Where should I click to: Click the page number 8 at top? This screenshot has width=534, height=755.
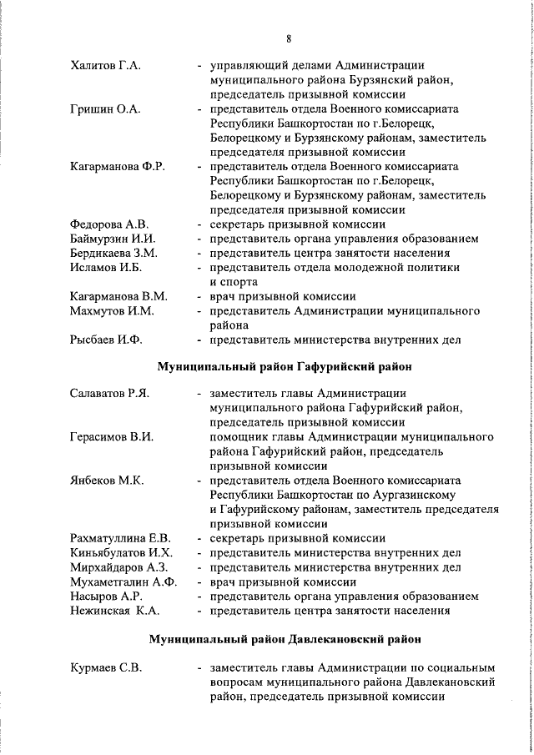click(288, 38)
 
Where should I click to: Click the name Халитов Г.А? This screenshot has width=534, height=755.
click(105, 65)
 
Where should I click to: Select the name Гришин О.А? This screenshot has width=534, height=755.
click(103, 108)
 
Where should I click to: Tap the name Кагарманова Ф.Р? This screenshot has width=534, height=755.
click(118, 166)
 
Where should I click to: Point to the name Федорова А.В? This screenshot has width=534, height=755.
click(109, 224)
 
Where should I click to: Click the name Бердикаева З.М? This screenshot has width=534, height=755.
click(114, 253)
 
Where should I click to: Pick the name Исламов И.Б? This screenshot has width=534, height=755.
click(107, 267)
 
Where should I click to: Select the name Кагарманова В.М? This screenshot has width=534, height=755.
click(119, 296)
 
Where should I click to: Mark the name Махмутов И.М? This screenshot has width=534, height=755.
click(113, 310)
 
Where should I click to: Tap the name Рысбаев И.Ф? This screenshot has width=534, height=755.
click(107, 340)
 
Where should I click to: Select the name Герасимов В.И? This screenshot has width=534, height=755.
click(112, 436)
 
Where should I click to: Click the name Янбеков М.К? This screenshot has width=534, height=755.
click(108, 481)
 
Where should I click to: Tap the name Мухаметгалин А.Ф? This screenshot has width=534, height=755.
click(124, 581)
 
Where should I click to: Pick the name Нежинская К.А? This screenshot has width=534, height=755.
click(113, 610)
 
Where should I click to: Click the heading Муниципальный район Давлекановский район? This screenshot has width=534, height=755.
click(285, 640)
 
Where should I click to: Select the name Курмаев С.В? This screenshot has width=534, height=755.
click(107, 667)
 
